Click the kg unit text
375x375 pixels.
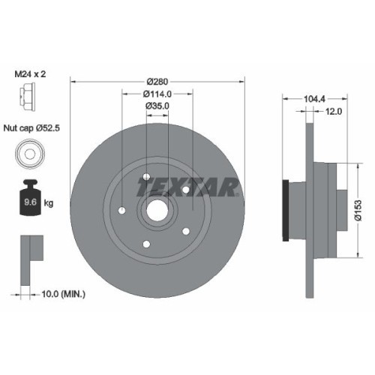click(49, 202)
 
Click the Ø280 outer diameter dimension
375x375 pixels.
click(157, 79)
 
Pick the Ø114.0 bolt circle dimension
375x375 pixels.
click(157, 94)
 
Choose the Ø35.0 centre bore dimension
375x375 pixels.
click(157, 106)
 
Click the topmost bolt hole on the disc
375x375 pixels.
click(144, 178)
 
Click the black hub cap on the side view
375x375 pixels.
click(285, 212)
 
